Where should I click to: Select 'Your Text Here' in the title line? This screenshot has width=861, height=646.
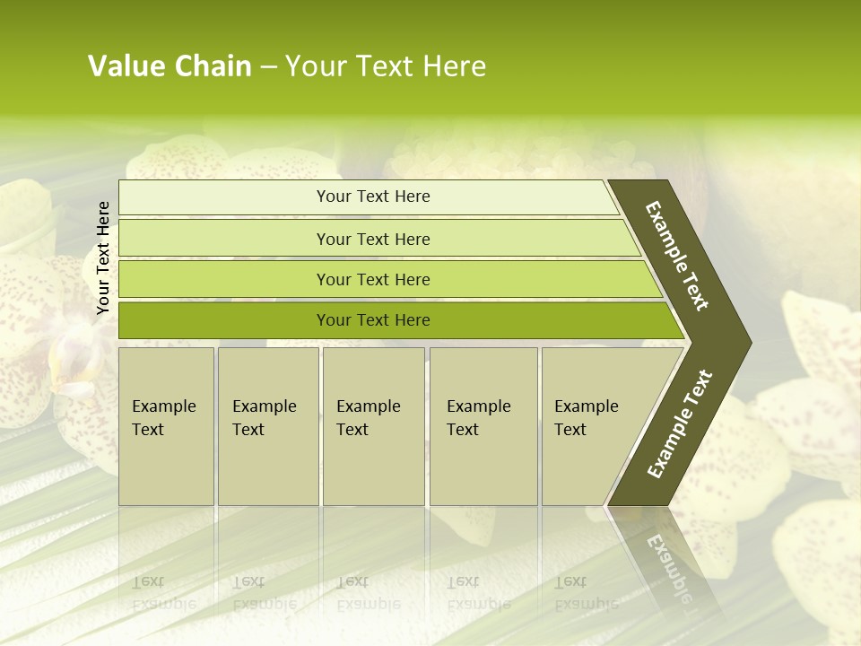coord(386,66)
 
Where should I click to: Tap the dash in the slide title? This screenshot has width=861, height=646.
coord(268,67)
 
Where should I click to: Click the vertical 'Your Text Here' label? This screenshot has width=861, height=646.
coord(103,258)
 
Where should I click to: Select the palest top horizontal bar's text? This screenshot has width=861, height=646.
coord(373,196)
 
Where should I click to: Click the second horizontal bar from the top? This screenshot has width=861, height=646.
coord(373,239)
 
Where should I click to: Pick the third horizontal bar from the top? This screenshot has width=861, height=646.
coord(373,279)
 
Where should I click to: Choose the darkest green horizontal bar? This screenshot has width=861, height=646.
coord(373,320)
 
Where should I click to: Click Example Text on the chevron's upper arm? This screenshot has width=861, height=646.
coord(677,256)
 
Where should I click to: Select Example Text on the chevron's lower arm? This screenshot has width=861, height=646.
coord(679,424)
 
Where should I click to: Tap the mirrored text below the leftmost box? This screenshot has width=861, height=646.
coord(163,592)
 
